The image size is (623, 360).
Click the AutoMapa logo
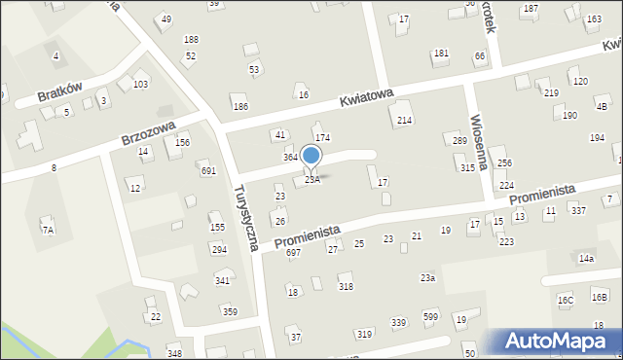560,341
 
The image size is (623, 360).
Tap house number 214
404,120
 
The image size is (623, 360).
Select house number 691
207,170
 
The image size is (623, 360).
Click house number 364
290,157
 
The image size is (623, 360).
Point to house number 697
293,253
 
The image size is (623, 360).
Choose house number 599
430,316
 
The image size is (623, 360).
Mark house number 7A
47,230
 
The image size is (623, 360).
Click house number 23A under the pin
311,180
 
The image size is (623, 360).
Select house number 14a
585,259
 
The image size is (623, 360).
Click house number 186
239,106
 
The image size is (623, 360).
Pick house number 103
140,85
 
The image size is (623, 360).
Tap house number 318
346,286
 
